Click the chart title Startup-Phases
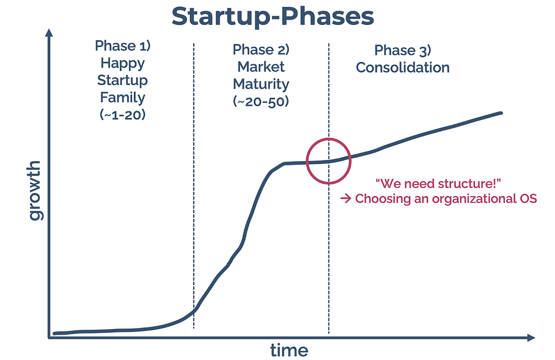tap(273, 17)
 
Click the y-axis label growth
tap(34, 190)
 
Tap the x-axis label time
tap(289, 350)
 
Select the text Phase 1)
tap(122, 46)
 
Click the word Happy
tap(122, 64)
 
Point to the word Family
tap(122, 98)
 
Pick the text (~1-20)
tap(122, 115)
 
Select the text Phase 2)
tap(261, 49)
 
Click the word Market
tap(261, 67)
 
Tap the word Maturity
tap(261, 84)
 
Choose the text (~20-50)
tap(261, 101)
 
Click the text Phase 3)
tap(403, 50)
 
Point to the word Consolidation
tap(403, 67)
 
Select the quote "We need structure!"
tap(438, 183)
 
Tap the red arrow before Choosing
tap(346, 198)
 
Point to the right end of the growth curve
tap(501, 113)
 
